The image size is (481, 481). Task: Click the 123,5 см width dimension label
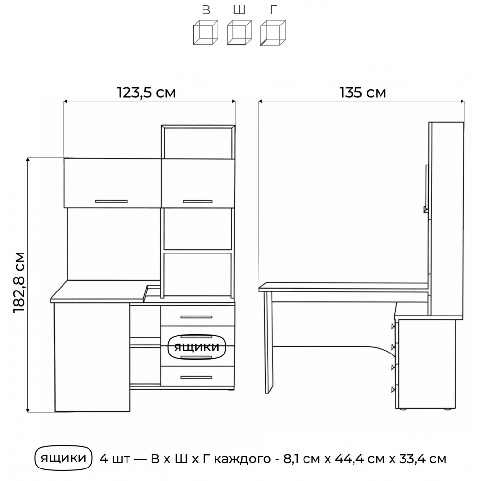[146, 92]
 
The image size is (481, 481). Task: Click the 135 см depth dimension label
[363, 92]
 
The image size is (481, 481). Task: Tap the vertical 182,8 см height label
[19, 282]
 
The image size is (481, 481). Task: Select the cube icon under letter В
[205, 33]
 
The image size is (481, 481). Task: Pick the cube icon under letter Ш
[239, 33]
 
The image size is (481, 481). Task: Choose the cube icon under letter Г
[273, 33]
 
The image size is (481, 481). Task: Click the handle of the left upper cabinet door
[112, 201]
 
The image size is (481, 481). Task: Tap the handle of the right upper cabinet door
[198, 201]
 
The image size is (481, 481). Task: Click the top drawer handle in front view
[196, 317]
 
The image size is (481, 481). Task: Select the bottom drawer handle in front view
[196, 377]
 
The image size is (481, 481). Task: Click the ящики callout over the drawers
[197, 347]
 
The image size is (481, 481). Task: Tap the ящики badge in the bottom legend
[63, 458]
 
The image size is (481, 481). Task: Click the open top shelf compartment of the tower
[198, 143]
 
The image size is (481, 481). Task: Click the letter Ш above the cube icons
[239, 10]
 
